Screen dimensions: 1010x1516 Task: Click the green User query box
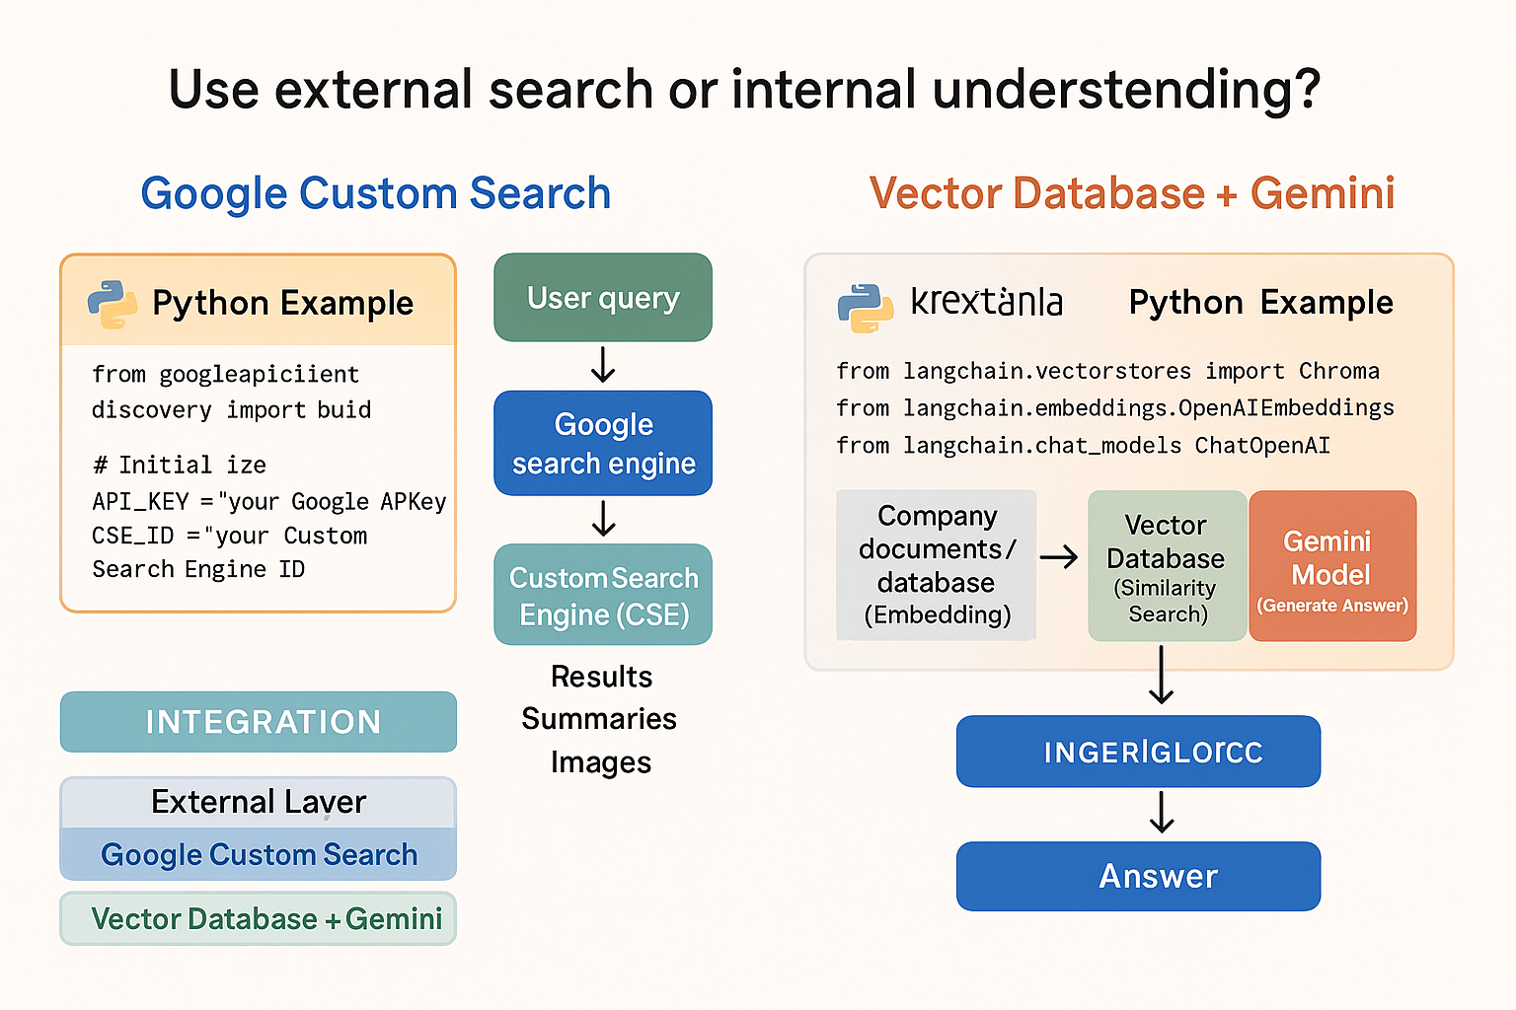pyautogui.click(x=603, y=298)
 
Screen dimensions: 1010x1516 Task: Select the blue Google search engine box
pyautogui.click(x=603, y=443)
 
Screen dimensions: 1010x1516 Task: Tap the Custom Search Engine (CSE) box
pyautogui.click(x=603, y=595)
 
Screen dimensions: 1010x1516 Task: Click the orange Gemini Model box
pyautogui.click(x=1332, y=566)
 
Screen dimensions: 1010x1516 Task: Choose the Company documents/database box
pyautogui.click(x=937, y=565)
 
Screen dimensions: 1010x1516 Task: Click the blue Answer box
pyautogui.click(x=1138, y=876)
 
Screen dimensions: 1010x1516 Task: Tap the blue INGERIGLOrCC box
pyautogui.click(x=1138, y=752)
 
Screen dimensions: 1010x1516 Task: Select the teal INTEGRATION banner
pyautogui.click(x=259, y=722)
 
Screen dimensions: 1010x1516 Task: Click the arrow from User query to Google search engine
pyautogui.click(x=603, y=366)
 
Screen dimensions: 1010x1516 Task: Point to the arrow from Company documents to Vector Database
pyautogui.click(x=1059, y=557)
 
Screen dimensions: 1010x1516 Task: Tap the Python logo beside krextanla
pyautogui.click(x=866, y=308)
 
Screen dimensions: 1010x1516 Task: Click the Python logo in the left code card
pyautogui.click(x=113, y=304)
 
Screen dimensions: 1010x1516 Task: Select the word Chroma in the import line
pyautogui.click(x=1338, y=371)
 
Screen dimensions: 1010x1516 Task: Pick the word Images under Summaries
pyautogui.click(x=601, y=762)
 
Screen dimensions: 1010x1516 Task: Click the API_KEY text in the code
pyautogui.click(x=140, y=501)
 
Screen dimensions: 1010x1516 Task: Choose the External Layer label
pyautogui.click(x=259, y=802)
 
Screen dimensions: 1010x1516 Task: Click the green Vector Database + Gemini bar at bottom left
pyautogui.click(x=259, y=919)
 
